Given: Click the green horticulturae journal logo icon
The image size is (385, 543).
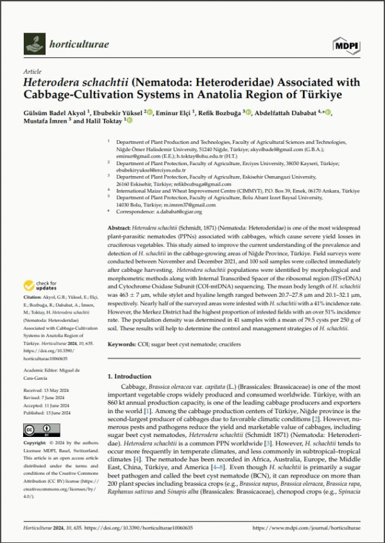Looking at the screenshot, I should [x=34, y=44].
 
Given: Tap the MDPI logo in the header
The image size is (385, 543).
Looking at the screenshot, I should [x=346, y=44].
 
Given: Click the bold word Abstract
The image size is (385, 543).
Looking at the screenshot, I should [x=119, y=228].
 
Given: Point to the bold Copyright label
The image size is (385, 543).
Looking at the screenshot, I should [x=35, y=443].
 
